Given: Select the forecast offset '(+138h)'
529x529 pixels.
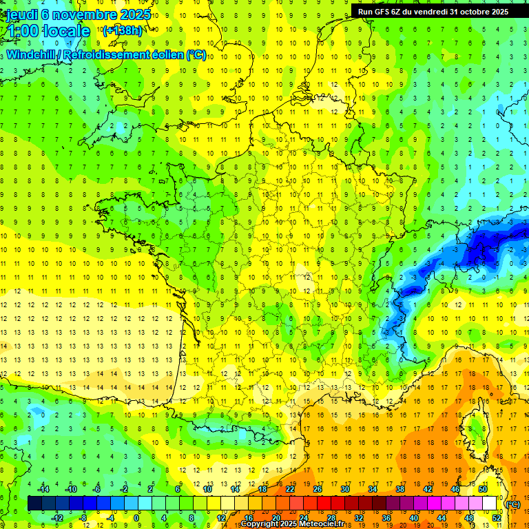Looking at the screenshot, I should point(122,31).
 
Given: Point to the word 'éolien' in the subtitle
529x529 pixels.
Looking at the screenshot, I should point(166,54).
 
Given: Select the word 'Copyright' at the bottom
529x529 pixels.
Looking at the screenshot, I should point(260,524).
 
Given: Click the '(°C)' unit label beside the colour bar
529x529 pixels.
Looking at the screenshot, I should point(512,504).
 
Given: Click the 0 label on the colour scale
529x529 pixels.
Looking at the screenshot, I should point(136,517).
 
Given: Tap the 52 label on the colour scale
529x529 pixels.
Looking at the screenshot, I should point(496,517).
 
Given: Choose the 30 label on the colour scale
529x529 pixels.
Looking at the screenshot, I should point(344,490).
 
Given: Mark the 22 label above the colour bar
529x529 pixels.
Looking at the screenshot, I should point(290,490).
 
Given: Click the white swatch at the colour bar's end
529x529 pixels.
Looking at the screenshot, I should point(489,504).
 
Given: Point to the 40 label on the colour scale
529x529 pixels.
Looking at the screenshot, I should point(413,517).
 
